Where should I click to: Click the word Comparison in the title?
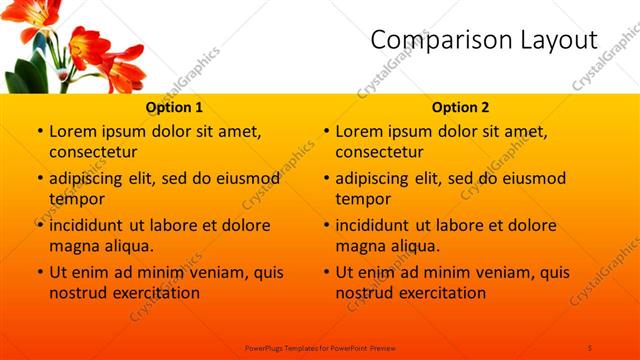pyautogui.click(x=434, y=40)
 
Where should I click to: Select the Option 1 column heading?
pyautogui.click(x=175, y=107)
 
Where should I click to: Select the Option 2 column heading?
pyautogui.click(x=461, y=107)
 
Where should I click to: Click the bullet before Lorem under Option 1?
pyautogui.click(x=39, y=132)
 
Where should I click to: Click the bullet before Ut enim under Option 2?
pyautogui.click(x=326, y=272)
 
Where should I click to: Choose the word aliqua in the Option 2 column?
pyautogui.click(x=413, y=246)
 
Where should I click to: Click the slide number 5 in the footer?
pyautogui.click(x=590, y=346)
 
